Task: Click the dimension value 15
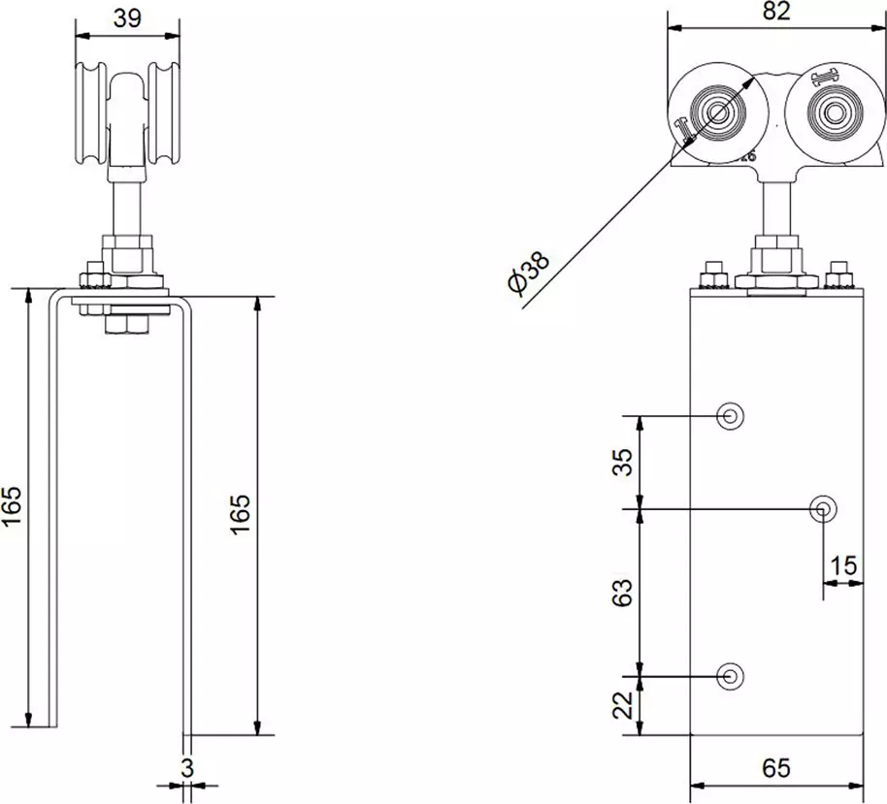(x=844, y=565)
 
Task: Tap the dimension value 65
(x=776, y=769)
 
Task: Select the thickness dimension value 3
(x=187, y=767)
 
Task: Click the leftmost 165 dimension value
(x=13, y=506)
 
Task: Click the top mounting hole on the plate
(x=730, y=416)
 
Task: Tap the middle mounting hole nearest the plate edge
(x=824, y=507)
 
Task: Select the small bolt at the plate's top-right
(x=839, y=276)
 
